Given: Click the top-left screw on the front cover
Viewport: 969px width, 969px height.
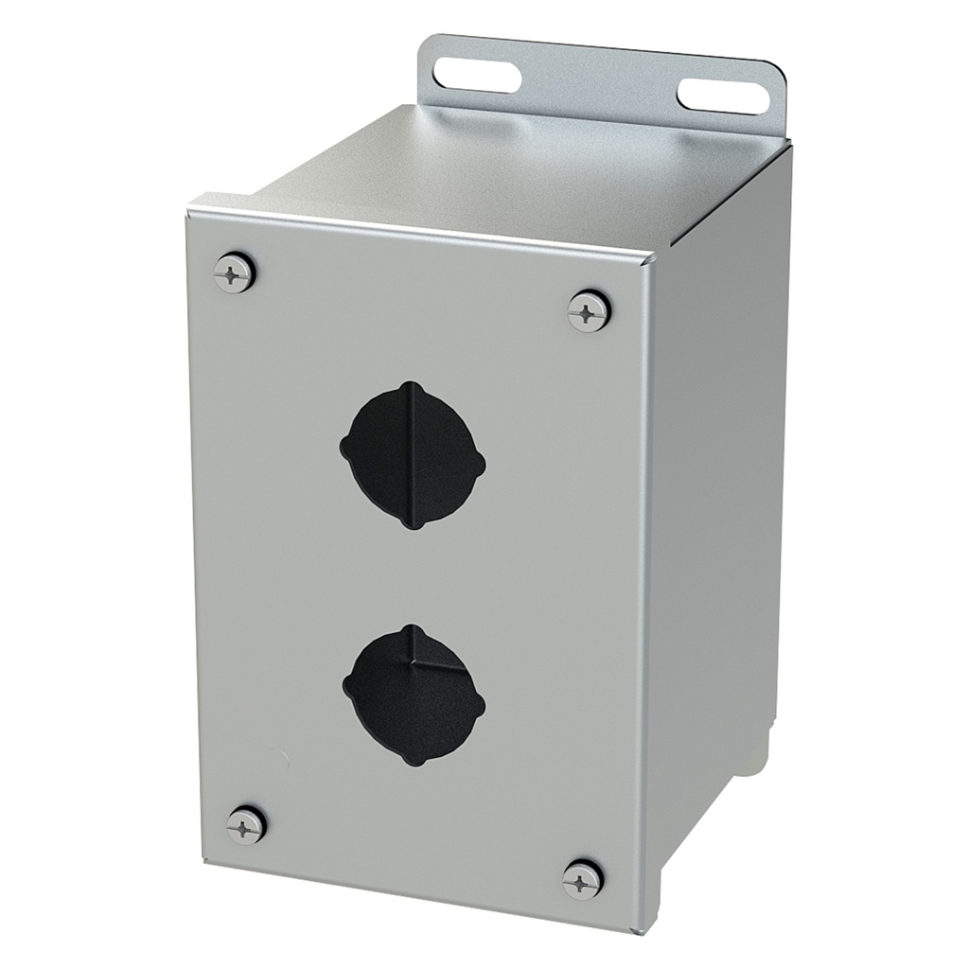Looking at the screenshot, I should click(233, 273).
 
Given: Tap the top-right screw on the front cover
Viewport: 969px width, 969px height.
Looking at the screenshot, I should click(589, 311).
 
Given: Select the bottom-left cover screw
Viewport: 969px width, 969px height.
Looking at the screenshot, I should click(246, 826).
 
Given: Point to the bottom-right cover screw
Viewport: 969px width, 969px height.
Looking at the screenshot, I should click(582, 880).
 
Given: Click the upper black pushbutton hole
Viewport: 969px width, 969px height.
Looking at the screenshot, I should click(413, 456).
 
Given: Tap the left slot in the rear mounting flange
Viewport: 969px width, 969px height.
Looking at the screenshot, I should click(477, 75).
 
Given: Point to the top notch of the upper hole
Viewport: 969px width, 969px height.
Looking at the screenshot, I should click(409, 386).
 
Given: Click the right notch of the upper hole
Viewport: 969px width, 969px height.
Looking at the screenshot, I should click(480, 465).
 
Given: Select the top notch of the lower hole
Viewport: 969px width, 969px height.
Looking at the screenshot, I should click(412, 628).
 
